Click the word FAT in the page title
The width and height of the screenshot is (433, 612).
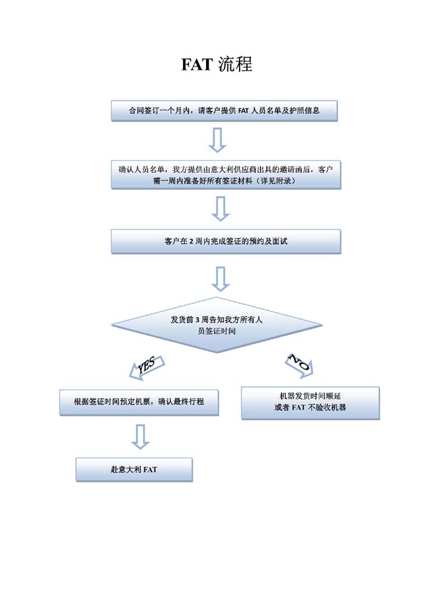click(x=197, y=65)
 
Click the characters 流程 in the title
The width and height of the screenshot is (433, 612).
click(x=235, y=64)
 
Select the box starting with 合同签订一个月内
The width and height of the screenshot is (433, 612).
click(x=224, y=111)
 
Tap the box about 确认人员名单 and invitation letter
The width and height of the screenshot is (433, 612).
click(x=226, y=175)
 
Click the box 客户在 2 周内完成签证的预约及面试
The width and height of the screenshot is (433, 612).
click(x=226, y=241)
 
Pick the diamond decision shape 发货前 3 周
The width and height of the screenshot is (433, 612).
click(x=216, y=325)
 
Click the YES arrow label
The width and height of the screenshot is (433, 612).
click(x=147, y=367)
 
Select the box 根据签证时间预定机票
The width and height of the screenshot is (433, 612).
click(x=139, y=402)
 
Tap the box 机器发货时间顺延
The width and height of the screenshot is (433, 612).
click(x=310, y=403)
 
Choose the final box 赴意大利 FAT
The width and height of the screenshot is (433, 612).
click(x=134, y=469)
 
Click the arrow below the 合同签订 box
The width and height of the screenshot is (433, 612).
click(x=218, y=140)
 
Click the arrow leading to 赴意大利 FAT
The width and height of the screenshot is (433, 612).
click(x=140, y=437)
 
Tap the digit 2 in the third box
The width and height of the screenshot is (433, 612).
click(x=191, y=241)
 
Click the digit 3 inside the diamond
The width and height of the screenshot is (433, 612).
click(x=198, y=320)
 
